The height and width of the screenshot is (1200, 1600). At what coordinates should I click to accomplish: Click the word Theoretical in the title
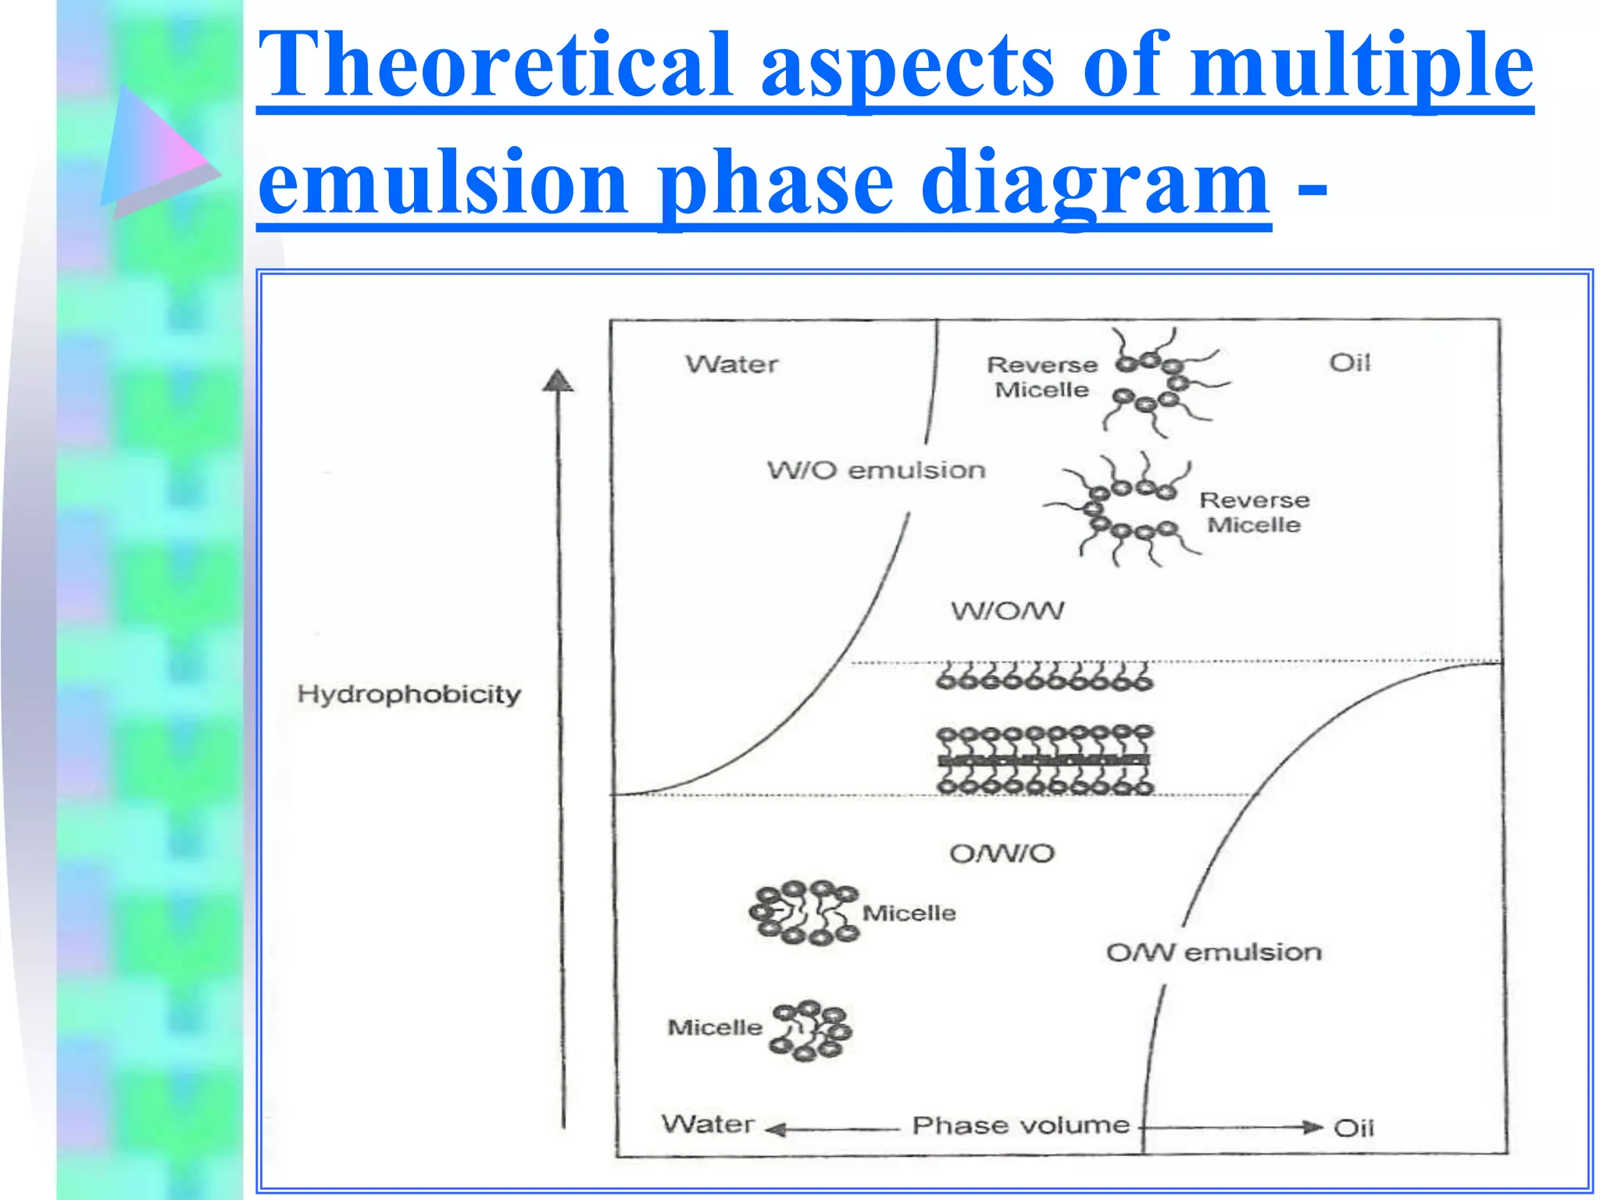coord(494,66)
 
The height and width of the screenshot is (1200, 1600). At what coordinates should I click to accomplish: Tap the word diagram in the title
coord(1095,184)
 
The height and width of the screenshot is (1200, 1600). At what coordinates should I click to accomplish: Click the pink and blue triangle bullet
coord(156,152)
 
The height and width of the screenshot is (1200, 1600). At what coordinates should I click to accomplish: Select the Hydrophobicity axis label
coord(409,695)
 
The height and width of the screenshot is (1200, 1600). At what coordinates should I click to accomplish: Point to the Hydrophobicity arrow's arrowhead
coord(557,380)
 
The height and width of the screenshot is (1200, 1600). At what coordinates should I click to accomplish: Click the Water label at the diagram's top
coord(732,364)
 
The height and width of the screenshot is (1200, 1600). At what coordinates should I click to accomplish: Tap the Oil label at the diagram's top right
coord(1349,362)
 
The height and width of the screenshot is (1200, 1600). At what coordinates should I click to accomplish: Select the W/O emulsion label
coord(876,470)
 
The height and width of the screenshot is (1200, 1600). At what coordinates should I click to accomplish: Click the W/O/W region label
coord(1007,611)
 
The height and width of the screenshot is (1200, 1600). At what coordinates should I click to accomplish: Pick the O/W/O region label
coord(1002,854)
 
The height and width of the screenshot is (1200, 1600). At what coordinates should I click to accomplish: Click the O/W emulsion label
coord(1213,952)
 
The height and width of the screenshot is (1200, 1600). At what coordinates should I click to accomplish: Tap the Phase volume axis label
coord(1021,1126)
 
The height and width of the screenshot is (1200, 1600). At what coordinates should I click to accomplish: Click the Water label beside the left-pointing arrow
coord(708,1124)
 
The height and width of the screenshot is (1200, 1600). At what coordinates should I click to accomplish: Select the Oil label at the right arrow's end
coord(1353,1128)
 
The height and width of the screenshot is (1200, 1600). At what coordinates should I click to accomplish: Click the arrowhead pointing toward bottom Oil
coord(1312,1127)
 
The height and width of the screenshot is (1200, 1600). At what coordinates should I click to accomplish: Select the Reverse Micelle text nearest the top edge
coord(1042,377)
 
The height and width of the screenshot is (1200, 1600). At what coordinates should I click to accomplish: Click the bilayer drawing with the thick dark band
coord(1045,759)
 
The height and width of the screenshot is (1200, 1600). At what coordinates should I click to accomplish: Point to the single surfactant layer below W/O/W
coord(1044,677)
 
